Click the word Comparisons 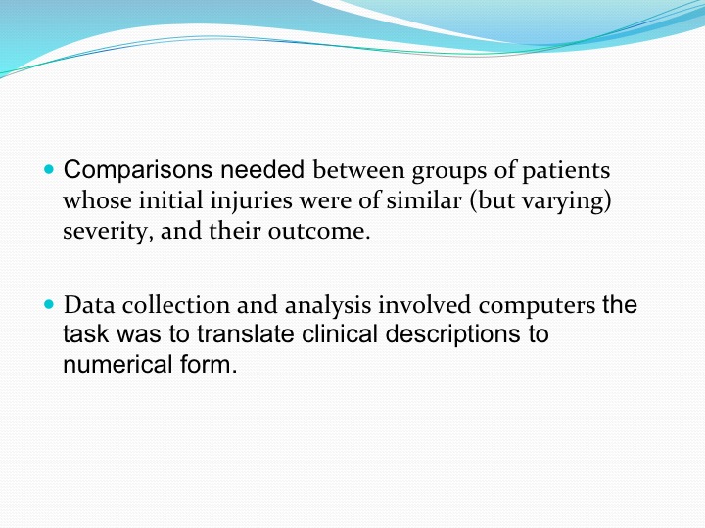138,171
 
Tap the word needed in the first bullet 262,170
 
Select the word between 358,170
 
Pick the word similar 424,200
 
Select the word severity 108,232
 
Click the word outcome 319,232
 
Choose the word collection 176,305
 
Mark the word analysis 328,306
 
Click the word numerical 117,364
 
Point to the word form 209,364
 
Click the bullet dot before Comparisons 49,170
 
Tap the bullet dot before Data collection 49,304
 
